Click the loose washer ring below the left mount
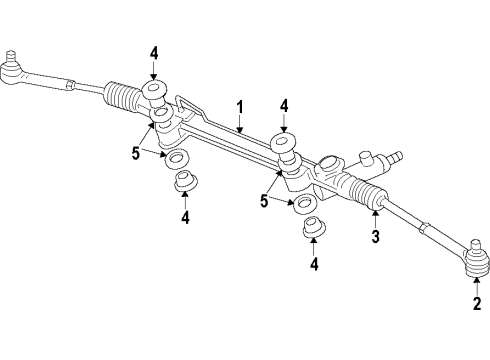pyautogui.click(x=179, y=160)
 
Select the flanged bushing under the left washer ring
pyautogui.click(x=185, y=183)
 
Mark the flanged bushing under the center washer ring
pyautogui.click(x=312, y=228)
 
